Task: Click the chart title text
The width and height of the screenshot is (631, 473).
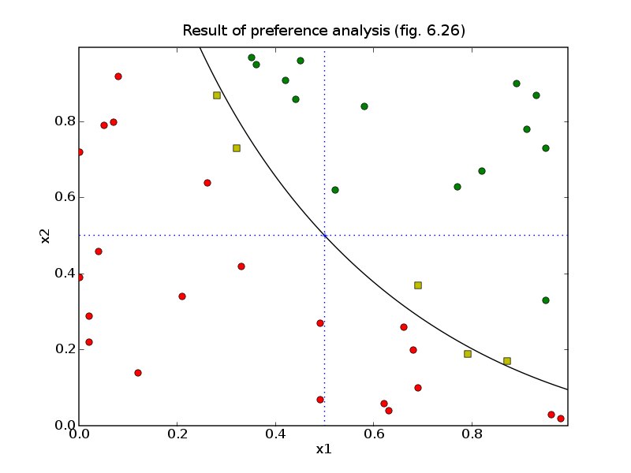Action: (x=323, y=32)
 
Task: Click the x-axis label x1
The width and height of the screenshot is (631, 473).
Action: (x=323, y=449)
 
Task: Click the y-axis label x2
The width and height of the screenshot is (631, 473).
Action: (x=46, y=235)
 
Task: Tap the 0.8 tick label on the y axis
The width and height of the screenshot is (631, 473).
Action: (x=65, y=122)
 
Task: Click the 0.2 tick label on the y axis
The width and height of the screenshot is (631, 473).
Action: (x=65, y=349)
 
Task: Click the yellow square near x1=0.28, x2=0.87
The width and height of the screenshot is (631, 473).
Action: (x=217, y=95)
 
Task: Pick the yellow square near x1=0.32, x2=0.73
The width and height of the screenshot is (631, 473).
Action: (x=237, y=148)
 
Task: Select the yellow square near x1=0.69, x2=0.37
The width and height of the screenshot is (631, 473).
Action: (x=418, y=285)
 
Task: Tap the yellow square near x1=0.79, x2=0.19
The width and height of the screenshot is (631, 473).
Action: (x=468, y=354)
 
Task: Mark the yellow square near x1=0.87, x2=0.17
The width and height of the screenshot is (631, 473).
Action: (x=507, y=361)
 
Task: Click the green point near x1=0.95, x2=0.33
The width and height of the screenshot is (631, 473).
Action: (x=546, y=300)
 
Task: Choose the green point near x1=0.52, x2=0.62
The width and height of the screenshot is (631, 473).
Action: (x=335, y=190)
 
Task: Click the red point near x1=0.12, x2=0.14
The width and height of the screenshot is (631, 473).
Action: (x=138, y=373)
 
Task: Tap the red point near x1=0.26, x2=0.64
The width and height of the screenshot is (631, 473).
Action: (x=207, y=183)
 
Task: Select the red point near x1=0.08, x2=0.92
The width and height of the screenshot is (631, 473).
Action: (x=118, y=76)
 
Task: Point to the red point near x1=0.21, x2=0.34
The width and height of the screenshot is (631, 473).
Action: (x=182, y=296)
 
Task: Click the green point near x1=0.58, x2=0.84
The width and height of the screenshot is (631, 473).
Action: (x=364, y=106)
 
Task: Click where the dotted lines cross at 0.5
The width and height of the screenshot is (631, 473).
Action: (x=324, y=235)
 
